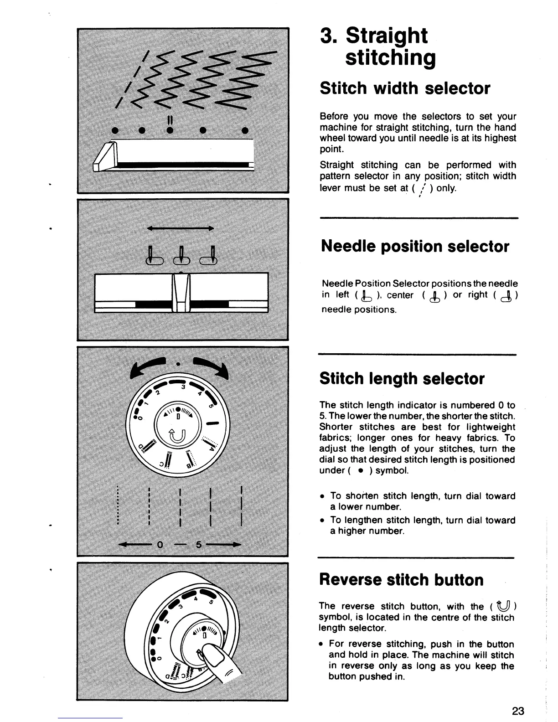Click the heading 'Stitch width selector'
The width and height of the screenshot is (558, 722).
(x=405, y=88)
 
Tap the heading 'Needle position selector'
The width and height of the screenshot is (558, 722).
(x=415, y=246)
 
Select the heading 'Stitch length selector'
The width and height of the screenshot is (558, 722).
(x=402, y=378)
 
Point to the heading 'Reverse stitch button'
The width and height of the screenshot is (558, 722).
(x=401, y=580)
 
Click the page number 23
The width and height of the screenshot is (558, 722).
(x=518, y=711)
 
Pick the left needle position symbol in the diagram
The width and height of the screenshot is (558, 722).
(x=154, y=256)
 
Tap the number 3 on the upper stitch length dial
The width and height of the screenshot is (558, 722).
(x=182, y=387)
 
